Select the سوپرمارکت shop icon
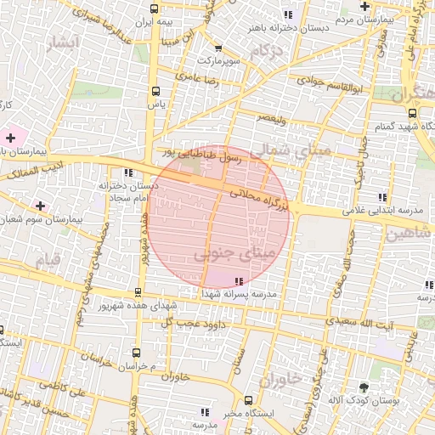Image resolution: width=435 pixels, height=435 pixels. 218,48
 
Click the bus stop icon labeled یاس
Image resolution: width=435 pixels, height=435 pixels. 155,91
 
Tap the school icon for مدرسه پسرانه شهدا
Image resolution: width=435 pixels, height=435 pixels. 238,280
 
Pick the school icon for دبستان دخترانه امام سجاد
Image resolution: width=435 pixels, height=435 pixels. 128,172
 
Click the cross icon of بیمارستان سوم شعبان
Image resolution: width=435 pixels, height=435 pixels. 40,205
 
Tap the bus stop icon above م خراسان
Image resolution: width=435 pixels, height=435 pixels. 137,352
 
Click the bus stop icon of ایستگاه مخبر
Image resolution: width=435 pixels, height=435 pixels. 248,400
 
